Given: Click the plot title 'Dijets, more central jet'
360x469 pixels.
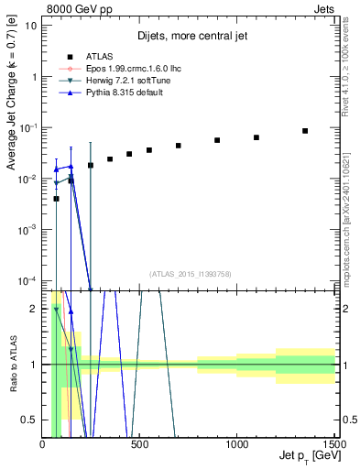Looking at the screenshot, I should (188, 38).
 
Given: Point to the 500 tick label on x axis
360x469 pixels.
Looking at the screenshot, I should (140, 443).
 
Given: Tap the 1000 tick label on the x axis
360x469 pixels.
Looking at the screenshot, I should (237, 443).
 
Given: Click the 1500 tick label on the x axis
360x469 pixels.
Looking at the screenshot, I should (333, 443).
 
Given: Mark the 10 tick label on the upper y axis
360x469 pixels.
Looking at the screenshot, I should (32, 26).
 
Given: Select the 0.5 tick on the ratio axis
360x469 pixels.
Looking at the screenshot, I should (30, 420).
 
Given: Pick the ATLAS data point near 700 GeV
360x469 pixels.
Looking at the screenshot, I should (179, 146).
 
